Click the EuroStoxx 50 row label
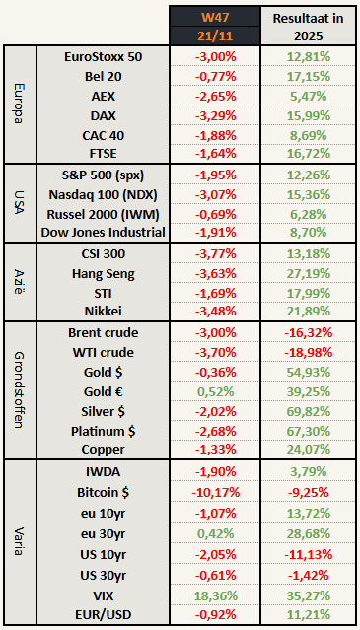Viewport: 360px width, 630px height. (102, 56)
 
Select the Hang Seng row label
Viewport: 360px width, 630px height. (102, 272)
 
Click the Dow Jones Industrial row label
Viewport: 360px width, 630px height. (102, 233)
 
